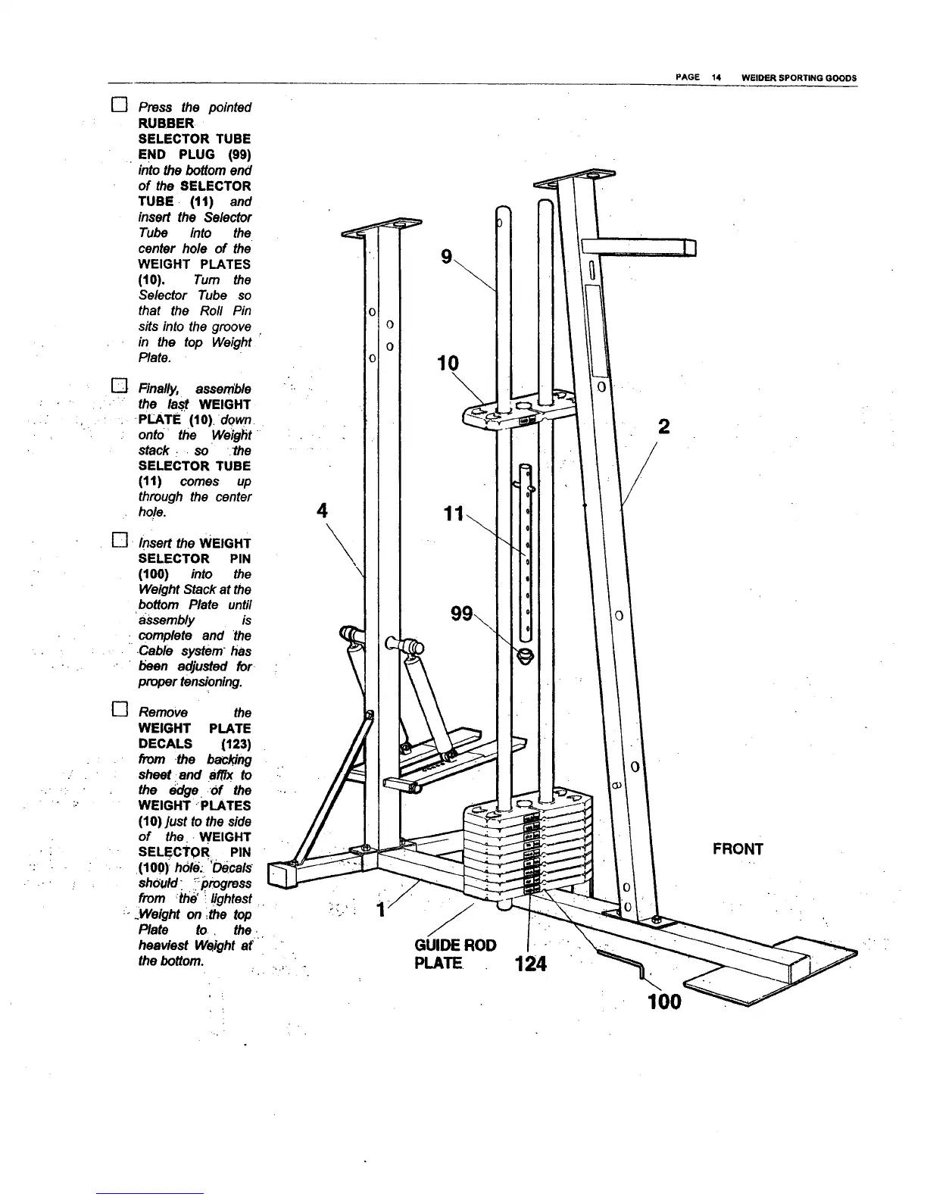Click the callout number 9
pyautogui.click(x=446, y=258)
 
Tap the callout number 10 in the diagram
pyautogui.click(x=448, y=363)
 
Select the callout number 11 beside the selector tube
pyautogui.click(x=453, y=514)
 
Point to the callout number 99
pyautogui.click(x=461, y=613)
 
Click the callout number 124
pyautogui.click(x=530, y=964)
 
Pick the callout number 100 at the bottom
pyautogui.click(x=664, y=1002)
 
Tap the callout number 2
pyautogui.click(x=664, y=427)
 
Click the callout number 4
pyautogui.click(x=323, y=510)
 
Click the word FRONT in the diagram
pyautogui.click(x=738, y=848)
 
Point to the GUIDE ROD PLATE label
pyautogui.click(x=455, y=953)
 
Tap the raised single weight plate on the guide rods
pyautogui.click(x=515, y=413)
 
